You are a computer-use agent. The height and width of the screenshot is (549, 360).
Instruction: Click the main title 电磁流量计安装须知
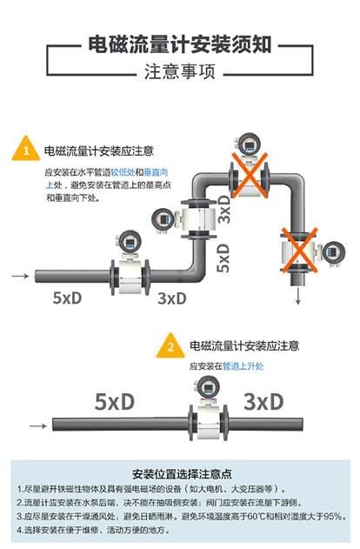(179, 44)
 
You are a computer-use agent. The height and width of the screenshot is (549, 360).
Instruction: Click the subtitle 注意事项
(179, 71)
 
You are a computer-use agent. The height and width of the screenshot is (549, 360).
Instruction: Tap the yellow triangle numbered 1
(25, 149)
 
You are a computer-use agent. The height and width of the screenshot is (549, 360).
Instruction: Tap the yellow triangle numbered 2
(170, 345)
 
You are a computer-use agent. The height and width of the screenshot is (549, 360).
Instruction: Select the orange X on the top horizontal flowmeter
(249, 175)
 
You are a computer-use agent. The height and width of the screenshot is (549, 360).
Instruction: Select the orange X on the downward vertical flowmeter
(299, 250)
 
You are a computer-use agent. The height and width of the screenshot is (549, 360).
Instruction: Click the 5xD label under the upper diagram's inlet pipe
(67, 298)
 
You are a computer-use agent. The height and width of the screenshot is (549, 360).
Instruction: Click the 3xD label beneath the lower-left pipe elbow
(172, 298)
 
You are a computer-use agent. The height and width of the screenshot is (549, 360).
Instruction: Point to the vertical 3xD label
(223, 209)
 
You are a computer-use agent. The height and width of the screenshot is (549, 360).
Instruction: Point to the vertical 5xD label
(223, 258)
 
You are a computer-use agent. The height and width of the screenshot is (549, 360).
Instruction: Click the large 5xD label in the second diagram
(115, 402)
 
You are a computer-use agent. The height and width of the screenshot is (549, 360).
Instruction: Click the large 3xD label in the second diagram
(263, 402)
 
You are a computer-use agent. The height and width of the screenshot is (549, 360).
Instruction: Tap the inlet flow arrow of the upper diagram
(20, 276)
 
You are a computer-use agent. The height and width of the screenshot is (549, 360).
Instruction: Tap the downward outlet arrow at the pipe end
(297, 296)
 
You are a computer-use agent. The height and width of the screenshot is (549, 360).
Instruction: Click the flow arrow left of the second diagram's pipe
(38, 425)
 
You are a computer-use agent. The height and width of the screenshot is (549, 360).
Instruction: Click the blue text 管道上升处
(243, 366)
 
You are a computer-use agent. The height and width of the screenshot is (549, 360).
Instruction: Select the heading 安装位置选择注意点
(182, 473)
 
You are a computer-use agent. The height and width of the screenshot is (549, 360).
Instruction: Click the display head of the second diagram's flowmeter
(209, 387)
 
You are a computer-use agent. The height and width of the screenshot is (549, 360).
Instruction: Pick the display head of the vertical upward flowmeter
(163, 220)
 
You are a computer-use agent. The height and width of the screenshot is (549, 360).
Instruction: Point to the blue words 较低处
(123, 172)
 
